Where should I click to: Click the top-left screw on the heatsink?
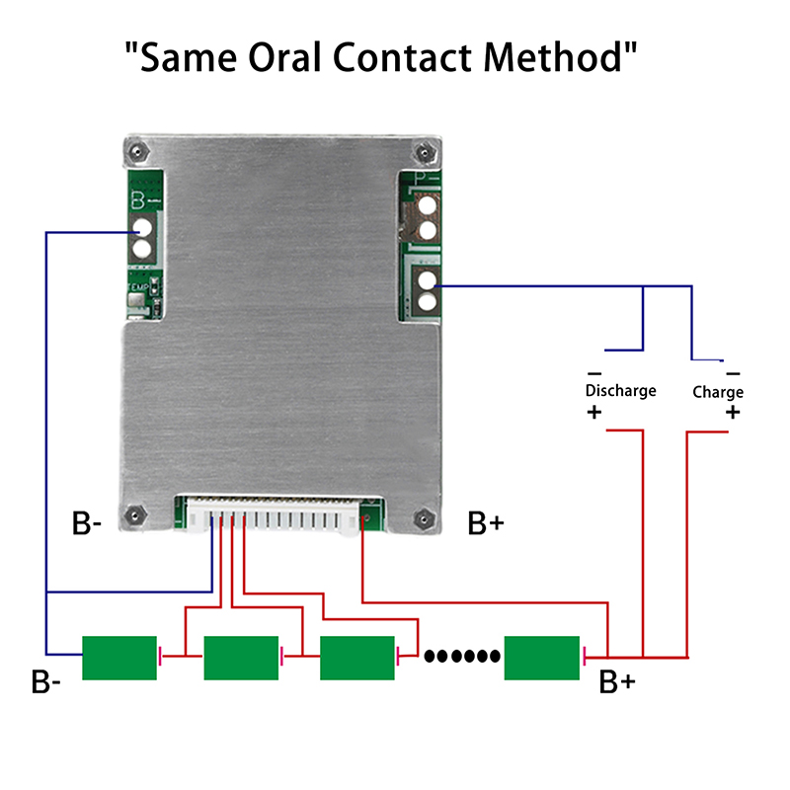point(136,151)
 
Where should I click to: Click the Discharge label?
point(620,391)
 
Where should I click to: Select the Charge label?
point(718,392)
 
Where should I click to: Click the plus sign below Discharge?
point(593,413)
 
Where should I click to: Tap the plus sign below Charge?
point(732,413)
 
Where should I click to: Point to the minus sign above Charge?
point(733,373)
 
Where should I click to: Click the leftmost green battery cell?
point(118,658)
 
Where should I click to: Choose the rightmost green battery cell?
point(541,658)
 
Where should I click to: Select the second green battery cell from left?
point(241,658)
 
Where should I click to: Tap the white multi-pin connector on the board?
point(278,517)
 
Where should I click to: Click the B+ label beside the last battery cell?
point(617,682)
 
